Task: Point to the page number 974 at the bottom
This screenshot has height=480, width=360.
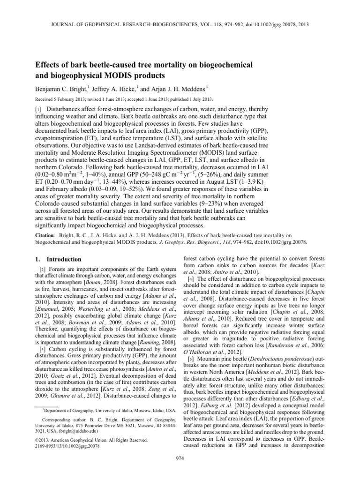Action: click(180, 470)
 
